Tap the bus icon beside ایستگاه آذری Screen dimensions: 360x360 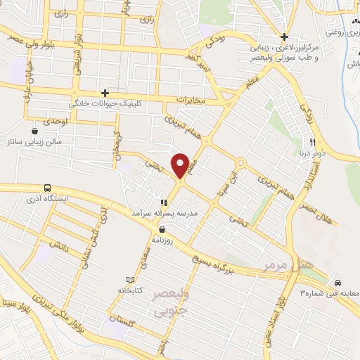[47, 188]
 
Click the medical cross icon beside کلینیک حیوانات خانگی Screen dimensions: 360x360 [105, 93]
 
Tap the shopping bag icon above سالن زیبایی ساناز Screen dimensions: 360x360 [35, 131]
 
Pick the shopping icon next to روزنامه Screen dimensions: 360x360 [162, 229]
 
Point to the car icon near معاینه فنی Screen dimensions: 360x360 [338, 281]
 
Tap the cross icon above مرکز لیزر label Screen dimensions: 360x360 [284, 37]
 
